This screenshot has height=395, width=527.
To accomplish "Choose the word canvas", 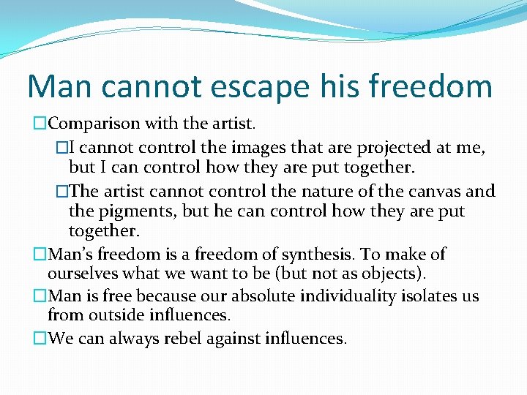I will [x=435, y=192].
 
